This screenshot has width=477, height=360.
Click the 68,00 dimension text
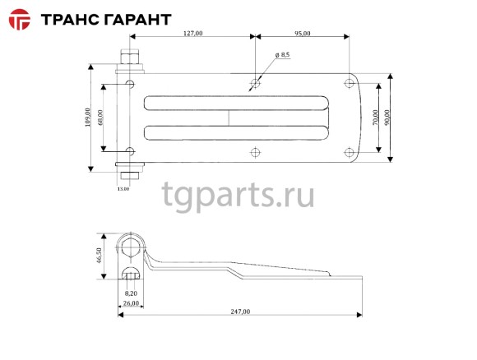100,118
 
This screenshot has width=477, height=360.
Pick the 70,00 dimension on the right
375,118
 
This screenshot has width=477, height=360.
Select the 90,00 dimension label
388,118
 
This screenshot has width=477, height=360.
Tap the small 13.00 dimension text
123,189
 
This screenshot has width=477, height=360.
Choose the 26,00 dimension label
130,302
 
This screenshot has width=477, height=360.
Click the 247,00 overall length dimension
239,312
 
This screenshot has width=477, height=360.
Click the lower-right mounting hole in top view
349,150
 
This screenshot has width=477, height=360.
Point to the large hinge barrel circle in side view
130,244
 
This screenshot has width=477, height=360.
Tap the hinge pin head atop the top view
130,59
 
